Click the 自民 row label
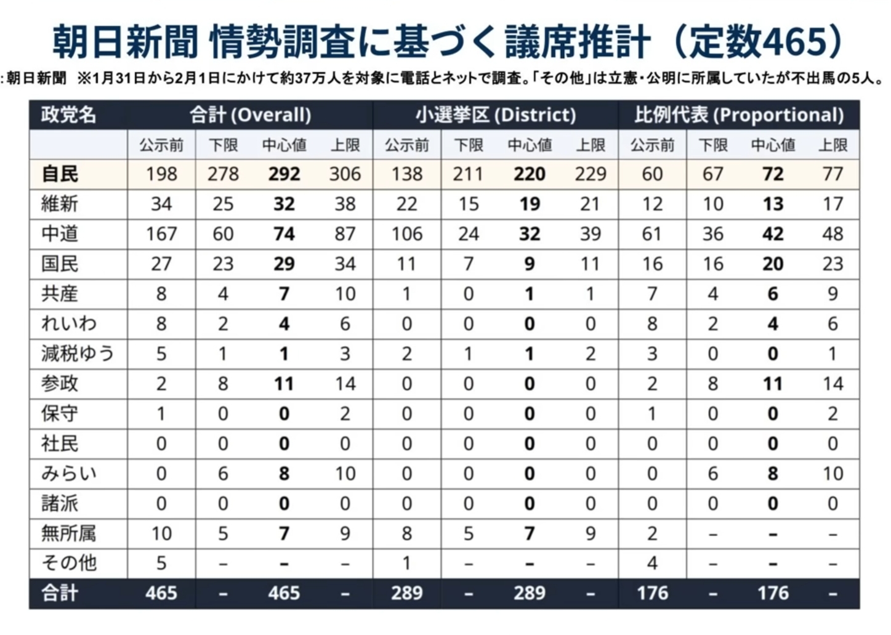(60, 174)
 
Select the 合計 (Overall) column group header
(250, 115)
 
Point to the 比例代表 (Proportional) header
(738, 115)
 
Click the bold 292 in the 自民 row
(284, 174)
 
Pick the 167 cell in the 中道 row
(161, 234)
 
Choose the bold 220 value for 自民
(530, 174)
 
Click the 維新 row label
(60, 204)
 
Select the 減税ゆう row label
(77, 354)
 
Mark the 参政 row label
(60, 384)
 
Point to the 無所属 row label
(68, 533)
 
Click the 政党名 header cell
(68, 115)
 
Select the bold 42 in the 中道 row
(773, 234)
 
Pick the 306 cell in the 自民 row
(345, 174)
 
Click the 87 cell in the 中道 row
(345, 234)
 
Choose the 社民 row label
(60, 443)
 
